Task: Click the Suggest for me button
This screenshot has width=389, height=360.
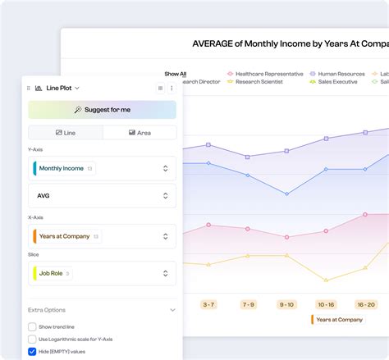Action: (102, 110)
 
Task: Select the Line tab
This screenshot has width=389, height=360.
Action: (65, 132)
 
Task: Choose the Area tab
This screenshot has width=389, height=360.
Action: (139, 132)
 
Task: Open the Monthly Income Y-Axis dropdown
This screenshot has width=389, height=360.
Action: (102, 168)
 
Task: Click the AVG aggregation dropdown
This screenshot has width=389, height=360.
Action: (102, 196)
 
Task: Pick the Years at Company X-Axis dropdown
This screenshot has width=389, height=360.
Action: (102, 236)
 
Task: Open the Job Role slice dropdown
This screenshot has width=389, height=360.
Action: (102, 273)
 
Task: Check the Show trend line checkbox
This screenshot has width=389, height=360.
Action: (32, 326)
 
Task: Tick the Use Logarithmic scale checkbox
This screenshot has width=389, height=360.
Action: (32, 339)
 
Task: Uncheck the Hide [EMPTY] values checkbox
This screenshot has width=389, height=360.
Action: (32, 351)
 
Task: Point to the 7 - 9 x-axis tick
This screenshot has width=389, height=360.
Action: (249, 304)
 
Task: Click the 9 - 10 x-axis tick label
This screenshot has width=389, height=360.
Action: (286, 304)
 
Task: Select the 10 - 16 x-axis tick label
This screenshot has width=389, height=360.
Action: (326, 304)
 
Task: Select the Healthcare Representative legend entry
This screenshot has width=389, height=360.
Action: (263, 73)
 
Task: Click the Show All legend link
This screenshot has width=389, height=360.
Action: (175, 74)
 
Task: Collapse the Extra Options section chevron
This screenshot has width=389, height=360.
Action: (172, 310)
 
